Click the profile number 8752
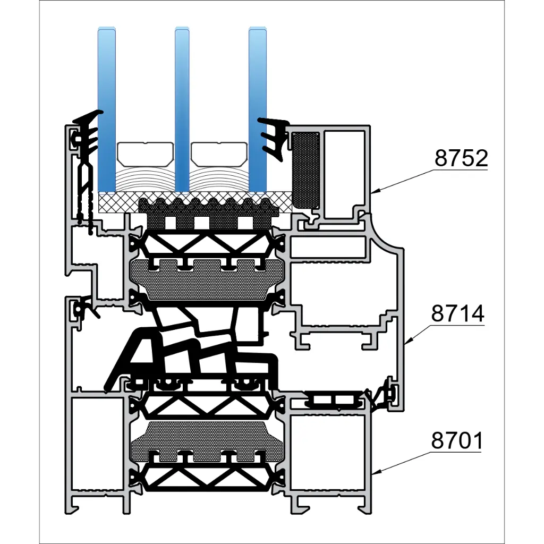tap(461, 158)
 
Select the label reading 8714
tap(457, 314)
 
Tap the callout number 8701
tap(457, 441)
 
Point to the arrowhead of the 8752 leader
tap(373, 192)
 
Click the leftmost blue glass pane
tap(107, 106)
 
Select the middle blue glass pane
tap(182, 106)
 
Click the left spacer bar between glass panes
tap(145, 153)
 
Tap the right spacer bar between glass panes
tap(219, 153)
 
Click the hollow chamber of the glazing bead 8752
tap(344, 173)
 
